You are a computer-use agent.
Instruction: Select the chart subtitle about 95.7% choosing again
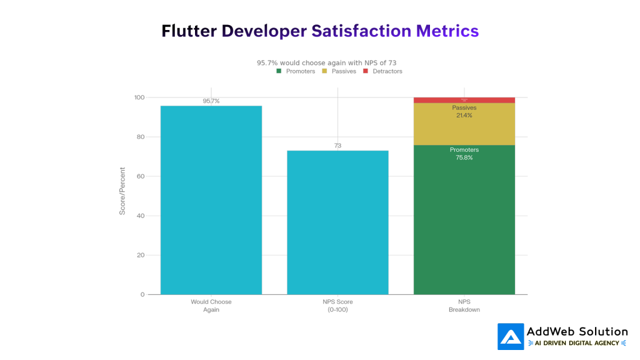click(x=326, y=62)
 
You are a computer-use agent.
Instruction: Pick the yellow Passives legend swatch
click(x=324, y=71)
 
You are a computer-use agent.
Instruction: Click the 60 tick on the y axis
click(x=140, y=176)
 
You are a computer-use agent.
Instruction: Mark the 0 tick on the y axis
click(x=142, y=294)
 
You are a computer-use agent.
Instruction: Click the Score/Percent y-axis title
click(x=122, y=191)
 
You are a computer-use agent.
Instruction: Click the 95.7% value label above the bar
click(x=211, y=101)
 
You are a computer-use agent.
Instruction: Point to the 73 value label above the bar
click(x=337, y=146)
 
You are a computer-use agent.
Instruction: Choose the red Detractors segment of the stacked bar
click(x=464, y=100)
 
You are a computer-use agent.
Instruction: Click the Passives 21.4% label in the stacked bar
click(x=464, y=112)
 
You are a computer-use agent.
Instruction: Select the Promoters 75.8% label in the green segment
click(x=464, y=154)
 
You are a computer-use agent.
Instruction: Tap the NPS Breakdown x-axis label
click(x=464, y=306)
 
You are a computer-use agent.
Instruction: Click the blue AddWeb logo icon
click(x=511, y=337)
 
